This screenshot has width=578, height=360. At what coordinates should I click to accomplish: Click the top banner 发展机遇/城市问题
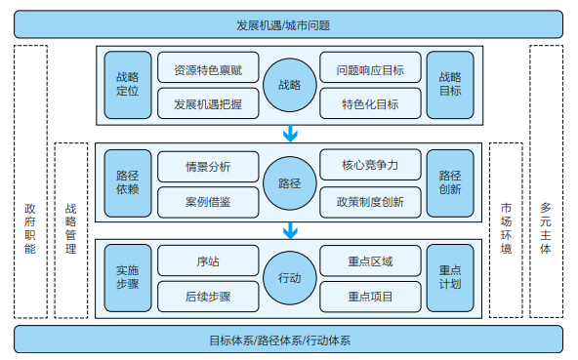(x=289, y=22)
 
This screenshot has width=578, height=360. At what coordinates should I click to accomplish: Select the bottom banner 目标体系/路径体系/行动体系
(x=289, y=340)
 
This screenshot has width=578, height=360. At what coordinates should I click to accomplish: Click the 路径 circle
(x=289, y=182)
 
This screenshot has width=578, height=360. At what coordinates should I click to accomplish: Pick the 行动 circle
(x=289, y=278)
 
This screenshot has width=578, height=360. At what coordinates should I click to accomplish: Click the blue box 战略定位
(x=127, y=85)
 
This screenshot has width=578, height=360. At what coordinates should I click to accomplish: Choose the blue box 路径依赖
(x=127, y=182)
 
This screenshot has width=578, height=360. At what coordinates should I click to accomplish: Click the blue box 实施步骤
(x=127, y=278)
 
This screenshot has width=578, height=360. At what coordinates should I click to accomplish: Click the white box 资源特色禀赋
(x=207, y=69)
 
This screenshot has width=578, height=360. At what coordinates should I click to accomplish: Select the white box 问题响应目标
(x=370, y=69)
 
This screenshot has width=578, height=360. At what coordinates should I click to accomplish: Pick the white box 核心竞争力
(x=370, y=165)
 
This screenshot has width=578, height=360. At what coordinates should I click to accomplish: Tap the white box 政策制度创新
(x=370, y=201)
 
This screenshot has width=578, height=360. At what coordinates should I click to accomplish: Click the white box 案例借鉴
(x=207, y=201)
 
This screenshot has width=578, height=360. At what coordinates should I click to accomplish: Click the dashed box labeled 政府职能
(x=30, y=182)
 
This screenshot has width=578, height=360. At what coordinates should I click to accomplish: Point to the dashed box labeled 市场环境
(x=506, y=228)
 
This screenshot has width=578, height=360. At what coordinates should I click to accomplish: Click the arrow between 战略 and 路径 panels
(x=289, y=134)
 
